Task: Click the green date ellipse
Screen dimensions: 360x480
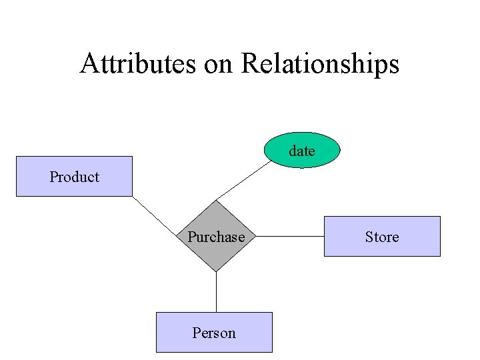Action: point(302,150)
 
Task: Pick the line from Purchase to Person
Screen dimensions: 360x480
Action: point(216,292)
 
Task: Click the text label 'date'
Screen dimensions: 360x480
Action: point(302,151)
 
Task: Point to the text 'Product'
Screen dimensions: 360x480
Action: point(74,177)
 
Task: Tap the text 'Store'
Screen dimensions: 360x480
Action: point(382,237)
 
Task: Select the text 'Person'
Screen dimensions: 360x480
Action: point(214,333)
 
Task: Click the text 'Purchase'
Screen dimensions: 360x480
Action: point(216,237)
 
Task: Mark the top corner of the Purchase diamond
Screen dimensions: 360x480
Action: point(216,201)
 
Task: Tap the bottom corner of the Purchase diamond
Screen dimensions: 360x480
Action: point(216,271)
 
